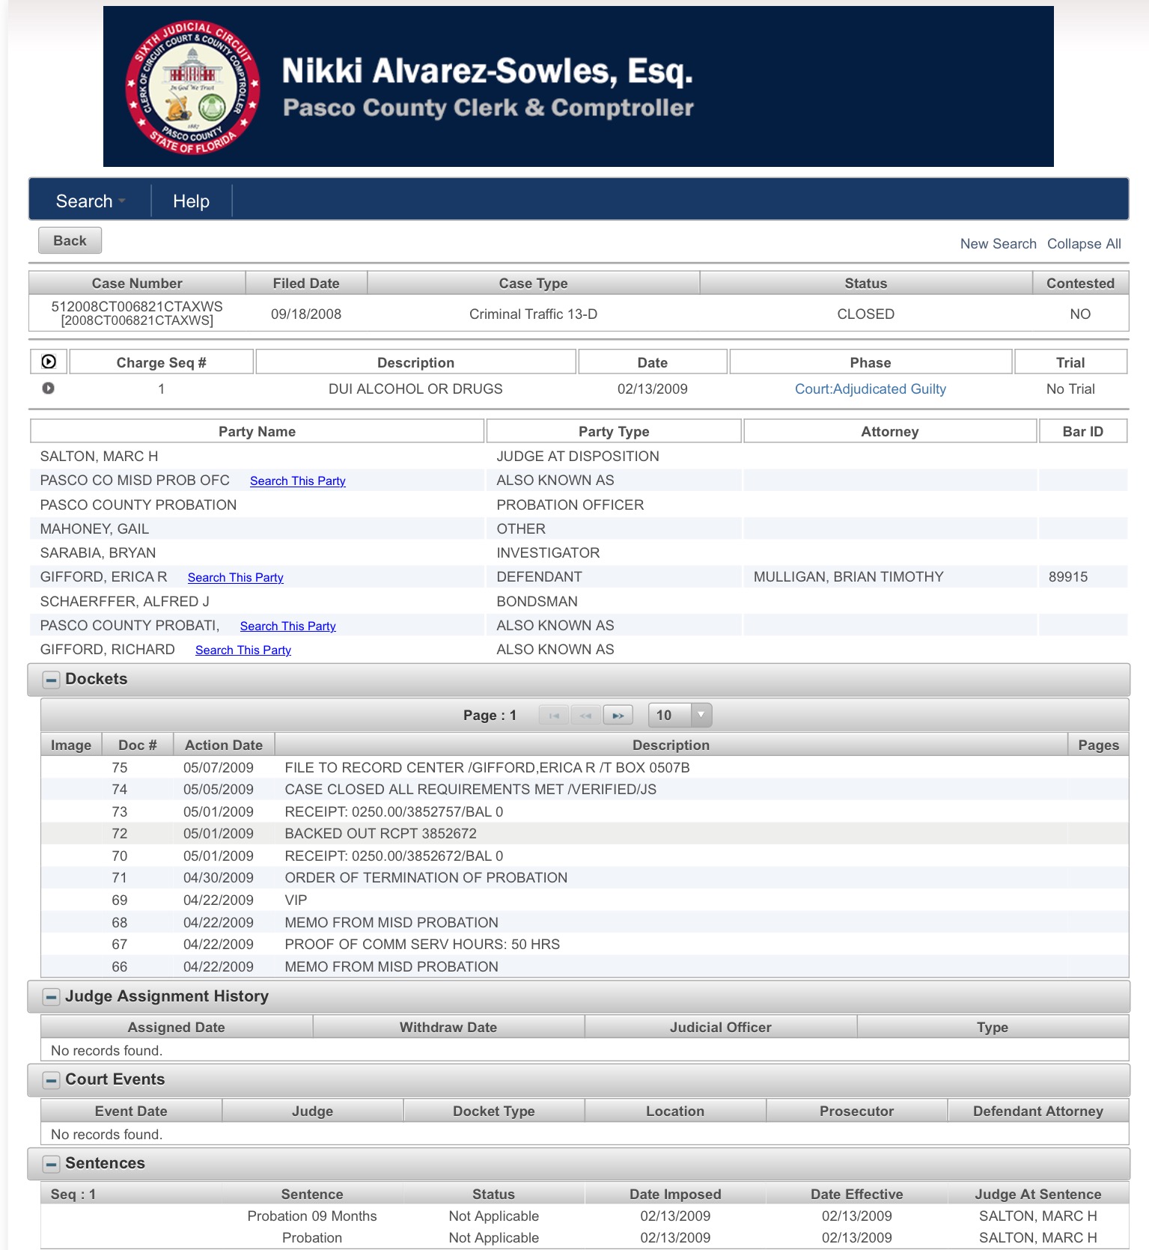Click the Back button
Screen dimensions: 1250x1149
click(x=70, y=241)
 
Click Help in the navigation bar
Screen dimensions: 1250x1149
click(x=191, y=201)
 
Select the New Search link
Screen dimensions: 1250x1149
click(x=998, y=244)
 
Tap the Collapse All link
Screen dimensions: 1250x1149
click(x=1083, y=244)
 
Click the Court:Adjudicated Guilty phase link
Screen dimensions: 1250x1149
click(x=870, y=389)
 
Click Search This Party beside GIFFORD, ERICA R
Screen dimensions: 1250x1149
click(x=235, y=578)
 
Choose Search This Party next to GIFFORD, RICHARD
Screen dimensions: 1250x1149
click(x=243, y=650)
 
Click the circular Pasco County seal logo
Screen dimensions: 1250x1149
click(x=192, y=87)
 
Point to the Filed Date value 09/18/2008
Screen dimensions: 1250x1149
click(x=305, y=314)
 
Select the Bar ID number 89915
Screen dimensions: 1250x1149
click(x=1067, y=577)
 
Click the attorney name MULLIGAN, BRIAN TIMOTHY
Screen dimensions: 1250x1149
click(x=848, y=577)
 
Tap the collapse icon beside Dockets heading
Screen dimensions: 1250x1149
click(x=51, y=680)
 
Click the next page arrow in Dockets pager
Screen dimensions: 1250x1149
click(x=618, y=716)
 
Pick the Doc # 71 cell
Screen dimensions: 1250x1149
click(x=120, y=878)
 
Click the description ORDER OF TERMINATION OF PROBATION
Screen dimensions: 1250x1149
click(x=425, y=878)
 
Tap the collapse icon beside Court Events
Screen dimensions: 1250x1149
click(x=51, y=1080)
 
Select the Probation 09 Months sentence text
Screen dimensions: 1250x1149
click(x=311, y=1216)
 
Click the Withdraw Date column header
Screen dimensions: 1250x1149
click(x=448, y=1028)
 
